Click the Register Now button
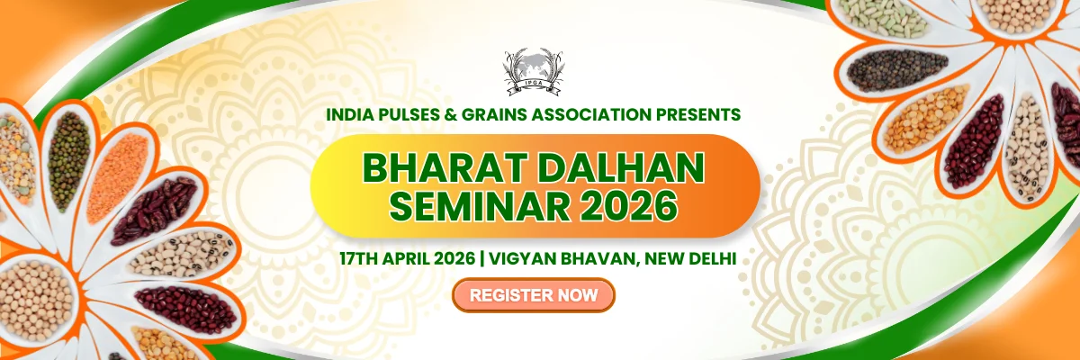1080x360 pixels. [533, 295]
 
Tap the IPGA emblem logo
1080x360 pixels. [534, 71]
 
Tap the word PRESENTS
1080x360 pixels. [698, 114]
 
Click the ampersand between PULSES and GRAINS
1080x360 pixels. [451, 114]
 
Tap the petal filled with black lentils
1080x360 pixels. [896, 71]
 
